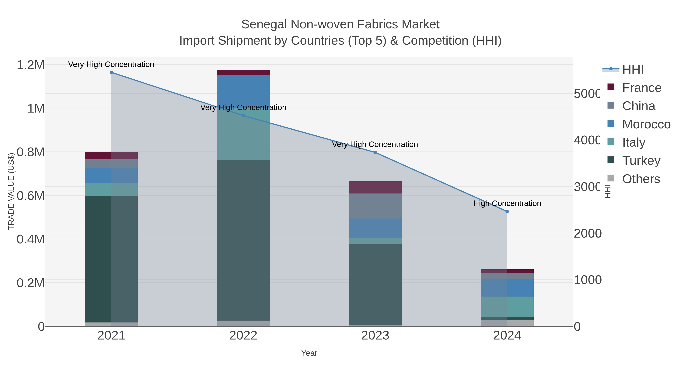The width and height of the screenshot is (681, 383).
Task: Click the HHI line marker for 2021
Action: point(111,72)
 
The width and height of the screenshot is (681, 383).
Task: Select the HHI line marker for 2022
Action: point(243,116)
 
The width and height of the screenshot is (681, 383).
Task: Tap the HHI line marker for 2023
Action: point(375,152)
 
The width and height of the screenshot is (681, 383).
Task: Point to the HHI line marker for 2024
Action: point(507,211)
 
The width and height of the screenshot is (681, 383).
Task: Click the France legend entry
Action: point(642,88)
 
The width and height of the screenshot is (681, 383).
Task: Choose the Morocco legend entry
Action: point(646,124)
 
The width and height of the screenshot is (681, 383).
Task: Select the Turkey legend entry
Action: point(641,160)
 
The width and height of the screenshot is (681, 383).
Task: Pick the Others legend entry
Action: point(641,179)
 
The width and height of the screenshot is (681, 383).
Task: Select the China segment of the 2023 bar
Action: point(375,206)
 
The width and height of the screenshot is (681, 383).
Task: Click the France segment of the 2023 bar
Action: point(375,187)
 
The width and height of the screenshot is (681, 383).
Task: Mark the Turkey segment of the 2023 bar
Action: point(375,284)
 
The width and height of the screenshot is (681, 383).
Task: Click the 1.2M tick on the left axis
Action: point(30,65)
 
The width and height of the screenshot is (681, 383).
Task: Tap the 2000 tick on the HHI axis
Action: point(587,233)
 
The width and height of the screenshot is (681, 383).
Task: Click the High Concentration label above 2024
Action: point(507,203)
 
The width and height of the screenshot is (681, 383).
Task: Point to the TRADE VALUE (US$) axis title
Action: point(11,191)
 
